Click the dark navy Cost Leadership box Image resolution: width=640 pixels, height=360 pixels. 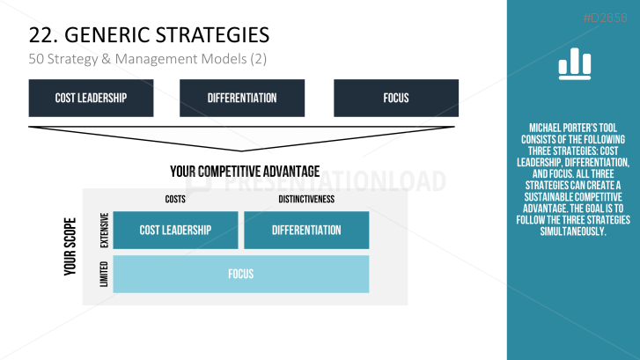(x=91, y=98)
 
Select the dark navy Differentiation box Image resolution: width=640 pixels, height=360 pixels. (x=242, y=98)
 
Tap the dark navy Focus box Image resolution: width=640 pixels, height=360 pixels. (x=396, y=98)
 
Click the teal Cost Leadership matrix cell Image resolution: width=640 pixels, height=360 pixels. (x=175, y=230)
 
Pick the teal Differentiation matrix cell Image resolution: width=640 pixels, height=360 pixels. (x=306, y=230)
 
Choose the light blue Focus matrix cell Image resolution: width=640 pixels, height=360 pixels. (x=241, y=274)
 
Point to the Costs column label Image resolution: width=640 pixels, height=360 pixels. (x=175, y=199)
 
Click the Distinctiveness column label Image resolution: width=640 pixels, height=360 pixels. (x=306, y=199)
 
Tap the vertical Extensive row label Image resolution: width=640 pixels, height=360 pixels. (x=105, y=231)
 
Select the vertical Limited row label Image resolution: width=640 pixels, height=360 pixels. (x=104, y=274)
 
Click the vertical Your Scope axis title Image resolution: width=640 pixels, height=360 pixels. (x=70, y=246)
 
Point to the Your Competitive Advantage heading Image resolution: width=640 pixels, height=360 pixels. (x=245, y=172)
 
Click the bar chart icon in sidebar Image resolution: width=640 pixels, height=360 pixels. (x=575, y=63)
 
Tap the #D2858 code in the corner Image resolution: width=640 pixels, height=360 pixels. (x=606, y=18)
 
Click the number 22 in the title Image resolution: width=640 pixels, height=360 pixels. (x=40, y=35)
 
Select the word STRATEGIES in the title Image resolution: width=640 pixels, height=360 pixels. (x=213, y=35)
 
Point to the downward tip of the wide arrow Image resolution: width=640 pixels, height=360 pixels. (x=241, y=151)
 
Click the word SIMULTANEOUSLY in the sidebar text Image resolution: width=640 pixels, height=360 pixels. (x=573, y=231)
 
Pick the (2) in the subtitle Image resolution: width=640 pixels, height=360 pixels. (x=258, y=59)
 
